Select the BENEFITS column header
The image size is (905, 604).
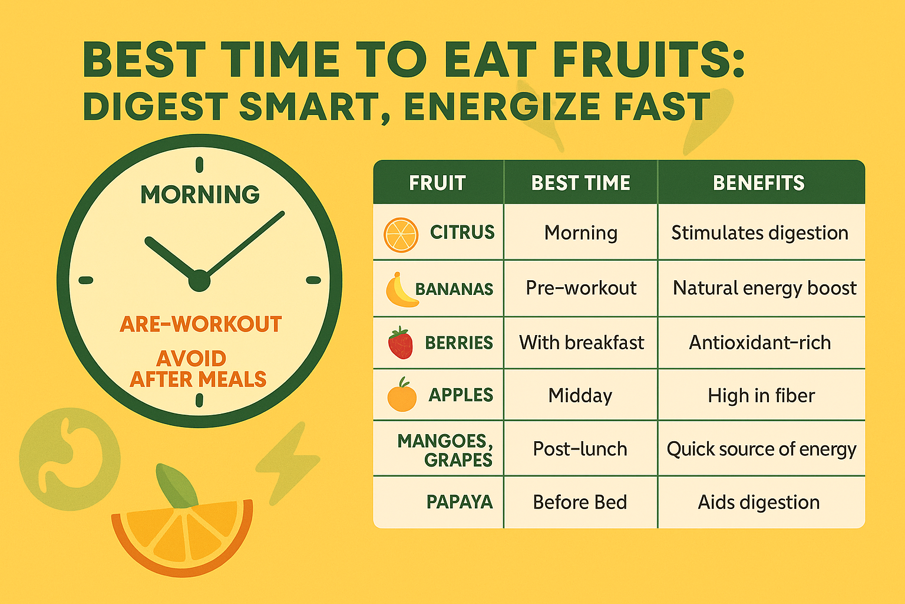pos(759,183)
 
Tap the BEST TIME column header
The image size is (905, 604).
pos(580,183)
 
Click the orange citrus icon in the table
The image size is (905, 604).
pos(401,235)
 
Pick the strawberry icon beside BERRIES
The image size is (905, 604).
pos(401,343)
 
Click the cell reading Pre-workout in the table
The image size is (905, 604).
pos(581,288)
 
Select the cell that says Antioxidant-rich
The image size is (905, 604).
pos(760,343)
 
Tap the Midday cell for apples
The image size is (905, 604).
pos(580,395)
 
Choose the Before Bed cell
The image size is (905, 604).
pos(580,502)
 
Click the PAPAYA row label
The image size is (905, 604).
pos(460,502)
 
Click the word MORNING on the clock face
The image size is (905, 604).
pos(200,194)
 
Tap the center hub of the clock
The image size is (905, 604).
pos(200,280)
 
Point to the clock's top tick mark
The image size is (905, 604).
pos(199,165)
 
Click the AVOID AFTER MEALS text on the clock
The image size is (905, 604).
pos(198,369)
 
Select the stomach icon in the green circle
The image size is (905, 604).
pos(70,459)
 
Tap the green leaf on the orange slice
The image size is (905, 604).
pos(177,485)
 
